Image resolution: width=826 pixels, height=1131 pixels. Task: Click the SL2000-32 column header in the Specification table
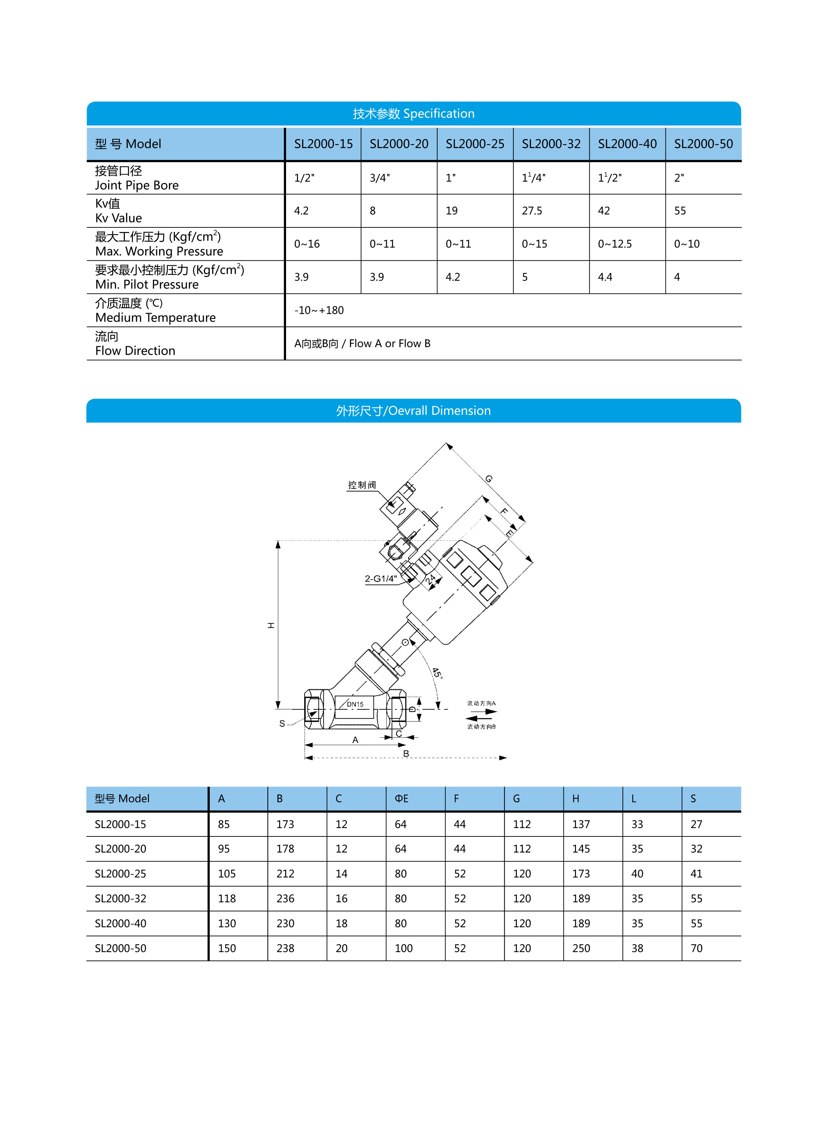point(551,144)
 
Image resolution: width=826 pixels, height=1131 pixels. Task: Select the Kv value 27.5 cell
point(532,211)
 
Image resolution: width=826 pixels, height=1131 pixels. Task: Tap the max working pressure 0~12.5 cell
point(614,244)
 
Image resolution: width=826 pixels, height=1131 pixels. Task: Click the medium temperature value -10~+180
point(319,310)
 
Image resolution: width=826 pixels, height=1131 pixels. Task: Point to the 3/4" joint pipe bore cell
point(379,178)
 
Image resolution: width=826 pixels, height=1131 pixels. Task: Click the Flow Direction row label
point(135,351)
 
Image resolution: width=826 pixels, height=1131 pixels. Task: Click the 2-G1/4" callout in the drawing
point(380,579)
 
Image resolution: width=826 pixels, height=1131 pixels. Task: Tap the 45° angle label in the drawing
point(437,672)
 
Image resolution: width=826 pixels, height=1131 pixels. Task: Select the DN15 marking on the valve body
point(355,704)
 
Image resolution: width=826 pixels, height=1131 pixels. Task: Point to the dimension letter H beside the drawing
point(271,625)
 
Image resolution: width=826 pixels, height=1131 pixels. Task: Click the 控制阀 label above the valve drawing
point(362,485)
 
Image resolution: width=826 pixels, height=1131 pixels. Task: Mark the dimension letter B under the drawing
point(406,753)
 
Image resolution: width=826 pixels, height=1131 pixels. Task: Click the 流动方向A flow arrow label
point(481,703)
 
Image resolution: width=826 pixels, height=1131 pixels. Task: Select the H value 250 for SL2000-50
point(581,948)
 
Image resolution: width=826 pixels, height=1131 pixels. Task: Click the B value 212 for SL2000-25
point(285,874)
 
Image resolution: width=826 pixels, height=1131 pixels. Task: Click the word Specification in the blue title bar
point(439,114)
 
